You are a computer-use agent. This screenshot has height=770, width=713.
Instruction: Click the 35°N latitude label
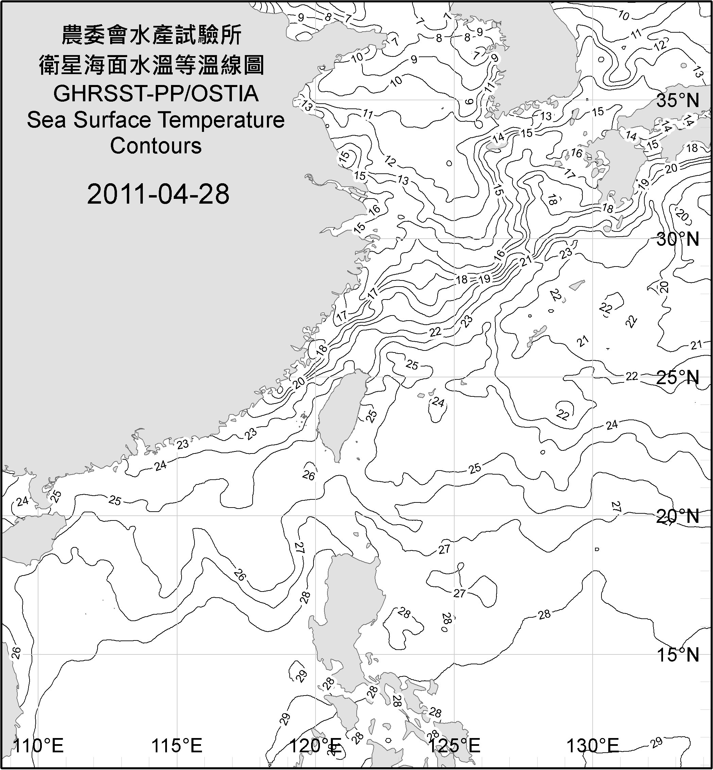click(x=678, y=100)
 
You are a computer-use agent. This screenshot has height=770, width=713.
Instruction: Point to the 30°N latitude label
click(x=678, y=239)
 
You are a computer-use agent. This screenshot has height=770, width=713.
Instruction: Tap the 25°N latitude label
click(x=678, y=378)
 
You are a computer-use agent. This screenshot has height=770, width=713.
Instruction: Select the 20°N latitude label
click(x=678, y=516)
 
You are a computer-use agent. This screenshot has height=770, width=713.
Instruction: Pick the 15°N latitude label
click(x=678, y=655)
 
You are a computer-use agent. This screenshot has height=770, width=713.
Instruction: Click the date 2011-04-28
click(x=158, y=194)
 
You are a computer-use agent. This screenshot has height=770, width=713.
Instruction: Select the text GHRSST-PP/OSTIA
click(x=156, y=94)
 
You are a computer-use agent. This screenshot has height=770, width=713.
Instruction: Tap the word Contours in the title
click(x=156, y=146)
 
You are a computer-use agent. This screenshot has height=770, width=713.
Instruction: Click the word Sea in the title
click(x=46, y=120)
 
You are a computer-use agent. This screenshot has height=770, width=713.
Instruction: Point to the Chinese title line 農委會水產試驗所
click(x=152, y=35)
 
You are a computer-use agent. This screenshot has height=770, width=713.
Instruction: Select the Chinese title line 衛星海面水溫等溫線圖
click(x=152, y=65)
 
